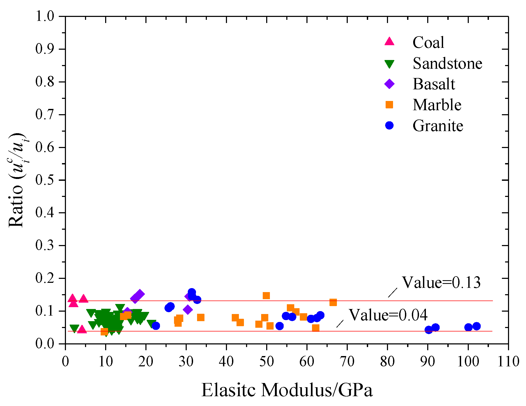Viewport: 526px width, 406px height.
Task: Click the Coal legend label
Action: click(428, 43)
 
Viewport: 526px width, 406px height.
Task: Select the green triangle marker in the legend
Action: click(389, 64)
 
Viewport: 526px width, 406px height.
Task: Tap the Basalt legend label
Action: click(434, 84)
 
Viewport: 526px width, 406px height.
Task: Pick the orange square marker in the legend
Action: click(389, 105)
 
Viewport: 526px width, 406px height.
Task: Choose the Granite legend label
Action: click(438, 126)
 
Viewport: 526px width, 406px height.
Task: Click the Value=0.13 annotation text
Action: click(441, 283)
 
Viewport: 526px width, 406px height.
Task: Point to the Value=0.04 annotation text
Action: click(388, 315)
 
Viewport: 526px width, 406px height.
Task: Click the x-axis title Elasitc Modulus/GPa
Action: click(287, 390)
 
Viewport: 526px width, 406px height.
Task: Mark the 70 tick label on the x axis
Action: click(347, 361)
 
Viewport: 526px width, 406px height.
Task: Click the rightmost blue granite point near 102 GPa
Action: click(476, 326)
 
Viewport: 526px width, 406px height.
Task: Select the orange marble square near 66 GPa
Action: click(333, 302)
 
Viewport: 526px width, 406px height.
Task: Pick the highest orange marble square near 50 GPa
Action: click(266, 296)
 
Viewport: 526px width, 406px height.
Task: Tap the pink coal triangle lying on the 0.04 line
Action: click(82, 329)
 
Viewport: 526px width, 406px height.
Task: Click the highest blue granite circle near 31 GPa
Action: click(192, 292)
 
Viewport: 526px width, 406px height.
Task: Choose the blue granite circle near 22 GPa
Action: click(156, 326)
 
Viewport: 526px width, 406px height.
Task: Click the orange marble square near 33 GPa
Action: click(201, 317)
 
